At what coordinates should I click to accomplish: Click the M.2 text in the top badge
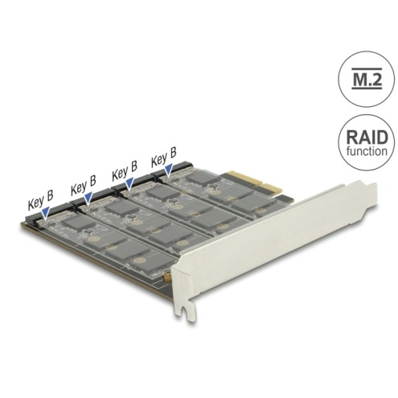366,78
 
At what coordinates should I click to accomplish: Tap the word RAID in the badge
367,137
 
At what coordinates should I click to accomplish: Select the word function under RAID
367,151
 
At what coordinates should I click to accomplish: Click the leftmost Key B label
41,199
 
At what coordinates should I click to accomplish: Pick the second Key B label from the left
84,185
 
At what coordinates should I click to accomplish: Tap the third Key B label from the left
125,170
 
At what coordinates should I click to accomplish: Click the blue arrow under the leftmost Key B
46,212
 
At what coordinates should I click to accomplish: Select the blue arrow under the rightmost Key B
169,170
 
